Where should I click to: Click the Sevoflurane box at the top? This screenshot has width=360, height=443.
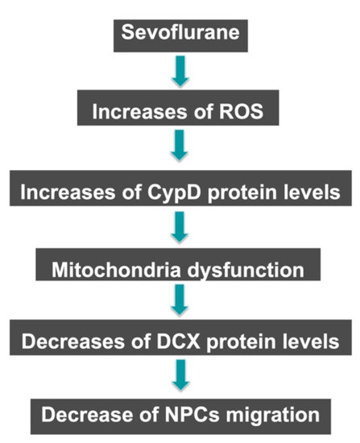coord(180,36)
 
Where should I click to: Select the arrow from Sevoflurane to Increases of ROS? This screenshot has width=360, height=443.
coord(180,71)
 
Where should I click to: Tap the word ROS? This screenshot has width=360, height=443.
coord(241,111)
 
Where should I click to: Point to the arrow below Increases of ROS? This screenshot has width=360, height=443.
coord(180,145)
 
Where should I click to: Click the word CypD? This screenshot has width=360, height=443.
coord(174,193)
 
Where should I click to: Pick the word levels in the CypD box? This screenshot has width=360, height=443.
coord(312,193)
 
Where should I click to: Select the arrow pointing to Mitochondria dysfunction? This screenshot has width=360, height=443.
coord(180,227)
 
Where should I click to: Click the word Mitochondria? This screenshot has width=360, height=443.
coord(116,270)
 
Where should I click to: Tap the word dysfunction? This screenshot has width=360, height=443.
coord(246,271)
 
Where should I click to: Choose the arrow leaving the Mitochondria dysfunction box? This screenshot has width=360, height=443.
coord(180,300)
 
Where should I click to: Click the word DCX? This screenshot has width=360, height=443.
coord(179,342)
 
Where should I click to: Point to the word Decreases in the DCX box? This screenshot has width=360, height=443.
coord(73,342)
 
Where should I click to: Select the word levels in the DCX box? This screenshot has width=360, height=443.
coord(311,342)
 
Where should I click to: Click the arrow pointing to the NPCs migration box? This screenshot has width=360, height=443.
coord(180,375)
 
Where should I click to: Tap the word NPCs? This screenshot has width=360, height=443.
coord(192,415)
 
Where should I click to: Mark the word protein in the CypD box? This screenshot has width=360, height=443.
coord(242,193)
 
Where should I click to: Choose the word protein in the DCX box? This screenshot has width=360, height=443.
coord(242,342)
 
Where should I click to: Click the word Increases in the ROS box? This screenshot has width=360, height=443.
coord(139,111)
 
